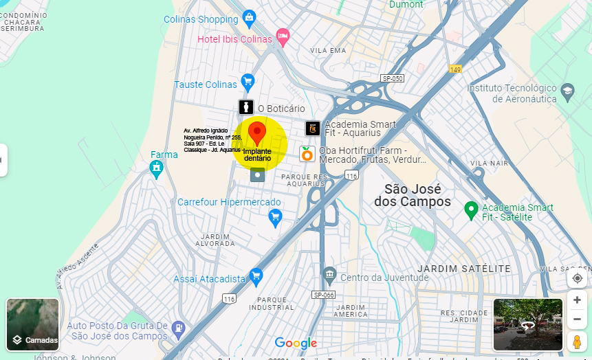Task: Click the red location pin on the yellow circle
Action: (257, 133)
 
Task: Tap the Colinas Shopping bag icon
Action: (249, 17)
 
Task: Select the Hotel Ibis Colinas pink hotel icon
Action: (282, 35)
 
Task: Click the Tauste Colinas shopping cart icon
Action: (248, 83)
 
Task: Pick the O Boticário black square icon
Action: (246, 107)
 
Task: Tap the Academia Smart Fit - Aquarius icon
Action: (313, 128)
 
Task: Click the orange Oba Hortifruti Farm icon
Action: (307, 154)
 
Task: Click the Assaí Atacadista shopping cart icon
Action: (256, 277)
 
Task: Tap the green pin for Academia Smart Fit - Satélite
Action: (471, 209)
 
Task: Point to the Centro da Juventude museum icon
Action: (329, 276)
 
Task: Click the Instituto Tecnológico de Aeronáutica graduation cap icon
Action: (567, 91)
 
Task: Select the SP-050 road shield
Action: (393, 78)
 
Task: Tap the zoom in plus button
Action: (577, 300)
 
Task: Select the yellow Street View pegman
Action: (577, 341)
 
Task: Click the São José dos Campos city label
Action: (413, 195)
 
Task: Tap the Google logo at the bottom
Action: (296, 343)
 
